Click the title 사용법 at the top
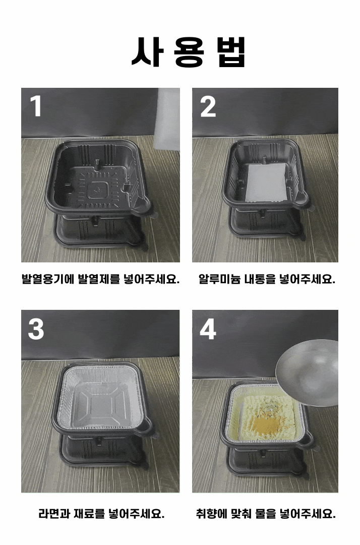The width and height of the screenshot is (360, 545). pos(189,52)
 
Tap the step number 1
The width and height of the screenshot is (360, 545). pos(36,106)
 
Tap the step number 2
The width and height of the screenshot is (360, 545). pos(208,106)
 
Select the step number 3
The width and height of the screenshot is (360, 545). pos(36,329)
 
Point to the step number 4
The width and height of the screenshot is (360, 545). pos(208,329)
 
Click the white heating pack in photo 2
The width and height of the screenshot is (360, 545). pos(267,183)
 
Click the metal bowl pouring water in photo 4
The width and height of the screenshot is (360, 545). pos(307,372)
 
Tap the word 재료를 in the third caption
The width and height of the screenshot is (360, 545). pos(89,513)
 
